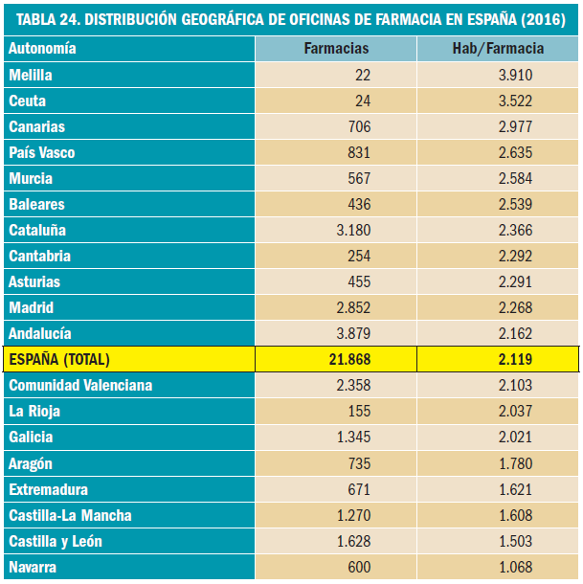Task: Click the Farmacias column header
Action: coord(336,48)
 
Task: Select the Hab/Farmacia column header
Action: coord(498,48)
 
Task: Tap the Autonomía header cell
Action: coord(42,48)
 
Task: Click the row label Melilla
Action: coord(30,75)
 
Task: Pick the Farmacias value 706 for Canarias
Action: coord(357,126)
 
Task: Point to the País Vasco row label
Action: coord(41,152)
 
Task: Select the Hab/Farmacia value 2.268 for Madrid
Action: coord(512,307)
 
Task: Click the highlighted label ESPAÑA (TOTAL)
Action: coord(59,359)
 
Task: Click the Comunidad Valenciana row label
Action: coord(80,385)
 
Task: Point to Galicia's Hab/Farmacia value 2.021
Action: coord(512,437)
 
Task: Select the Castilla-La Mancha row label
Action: coord(70,515)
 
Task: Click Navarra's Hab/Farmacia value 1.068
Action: coord(512,567)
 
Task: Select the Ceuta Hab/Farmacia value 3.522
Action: coord(512,101)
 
